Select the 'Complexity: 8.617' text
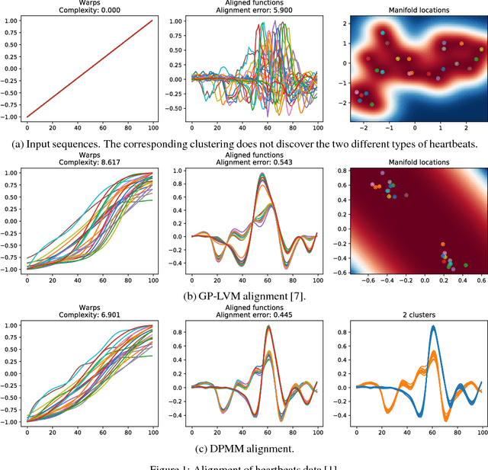[x=85, y=163]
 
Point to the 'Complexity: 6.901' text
[x=85, y=313]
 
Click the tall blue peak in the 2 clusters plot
[x=433, y=328]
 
